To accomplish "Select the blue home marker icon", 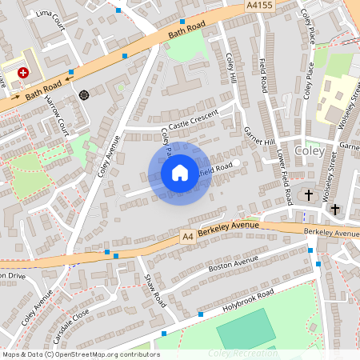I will [180, 173].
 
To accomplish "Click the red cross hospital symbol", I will [23, 72].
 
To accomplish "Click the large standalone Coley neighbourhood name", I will [310, 150].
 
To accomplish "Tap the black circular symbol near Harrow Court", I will [84, 95].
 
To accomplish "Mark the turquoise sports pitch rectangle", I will [244, 328].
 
